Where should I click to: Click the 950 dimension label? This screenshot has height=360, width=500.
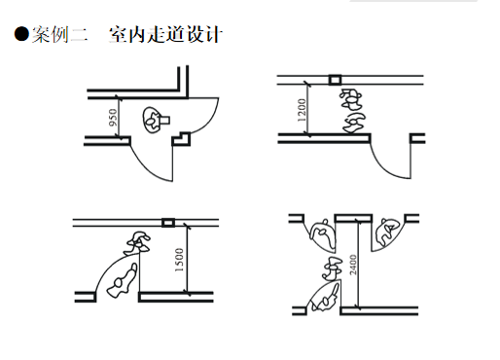click(113, 118)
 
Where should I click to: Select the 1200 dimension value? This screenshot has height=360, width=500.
click(302, 110)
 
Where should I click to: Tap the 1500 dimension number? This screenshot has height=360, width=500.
click(179, 260)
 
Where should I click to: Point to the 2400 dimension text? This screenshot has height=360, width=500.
click(353, 265)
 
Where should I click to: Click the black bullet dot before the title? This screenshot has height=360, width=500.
click(21, 34)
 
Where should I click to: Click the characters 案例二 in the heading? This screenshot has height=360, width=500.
click(59, 34)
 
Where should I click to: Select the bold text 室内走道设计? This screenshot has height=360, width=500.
click(165, 34)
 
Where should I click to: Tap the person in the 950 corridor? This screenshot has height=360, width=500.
click(156, 120)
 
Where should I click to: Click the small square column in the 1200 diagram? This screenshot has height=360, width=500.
click(335, 80)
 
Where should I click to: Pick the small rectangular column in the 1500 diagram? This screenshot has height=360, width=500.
click(168, 223)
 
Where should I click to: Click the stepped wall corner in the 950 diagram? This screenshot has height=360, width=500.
click(181, 139)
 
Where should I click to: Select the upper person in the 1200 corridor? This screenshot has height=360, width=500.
click(350, 99)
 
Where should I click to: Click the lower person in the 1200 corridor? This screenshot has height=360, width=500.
click(354, 123)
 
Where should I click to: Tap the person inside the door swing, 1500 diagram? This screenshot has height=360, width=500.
click(123, 281)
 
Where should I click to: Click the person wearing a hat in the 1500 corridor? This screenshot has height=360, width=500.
click(137, 243)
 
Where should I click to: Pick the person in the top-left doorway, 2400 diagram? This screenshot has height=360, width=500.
click(323, 234)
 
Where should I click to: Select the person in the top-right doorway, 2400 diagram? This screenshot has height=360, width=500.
click(387, 233)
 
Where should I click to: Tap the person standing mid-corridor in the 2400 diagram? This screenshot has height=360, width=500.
click(333, 269)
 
